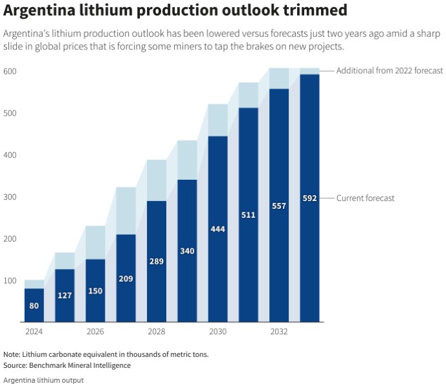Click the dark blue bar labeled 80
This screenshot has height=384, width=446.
[x=34, y=305]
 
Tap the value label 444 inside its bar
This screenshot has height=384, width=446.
[x=217, y=229]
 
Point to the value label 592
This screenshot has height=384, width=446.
[x=309, y=198]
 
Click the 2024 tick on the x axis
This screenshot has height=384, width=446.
[x=34, y=332]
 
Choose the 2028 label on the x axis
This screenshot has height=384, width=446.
[x=156, y=332]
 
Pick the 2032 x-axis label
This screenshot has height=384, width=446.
[x=279, y=332]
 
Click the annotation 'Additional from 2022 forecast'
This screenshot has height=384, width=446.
[x=389, y=70]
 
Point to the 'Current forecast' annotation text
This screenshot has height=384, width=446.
[x=365, y=198]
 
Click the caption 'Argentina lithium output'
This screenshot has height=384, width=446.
[x=43, y=379]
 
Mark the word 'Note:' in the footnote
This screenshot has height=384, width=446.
[x=12, y=354]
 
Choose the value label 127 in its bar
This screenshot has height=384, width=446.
[x=65, y=295]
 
